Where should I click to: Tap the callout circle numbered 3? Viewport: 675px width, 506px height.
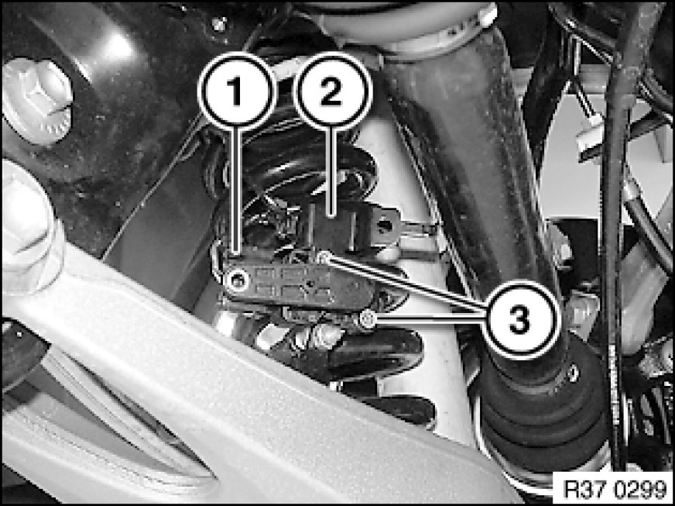click(520, 320)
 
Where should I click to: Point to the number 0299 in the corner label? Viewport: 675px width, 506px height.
click(639, 489)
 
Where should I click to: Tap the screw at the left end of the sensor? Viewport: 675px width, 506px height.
click(237, 281)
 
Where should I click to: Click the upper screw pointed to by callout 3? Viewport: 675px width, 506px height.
click(324, 258)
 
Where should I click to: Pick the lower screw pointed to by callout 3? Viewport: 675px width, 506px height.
click(367, 318)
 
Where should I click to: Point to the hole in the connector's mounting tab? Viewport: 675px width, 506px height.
click(385, 225)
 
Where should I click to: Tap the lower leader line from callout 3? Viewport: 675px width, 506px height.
click(428, 318)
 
